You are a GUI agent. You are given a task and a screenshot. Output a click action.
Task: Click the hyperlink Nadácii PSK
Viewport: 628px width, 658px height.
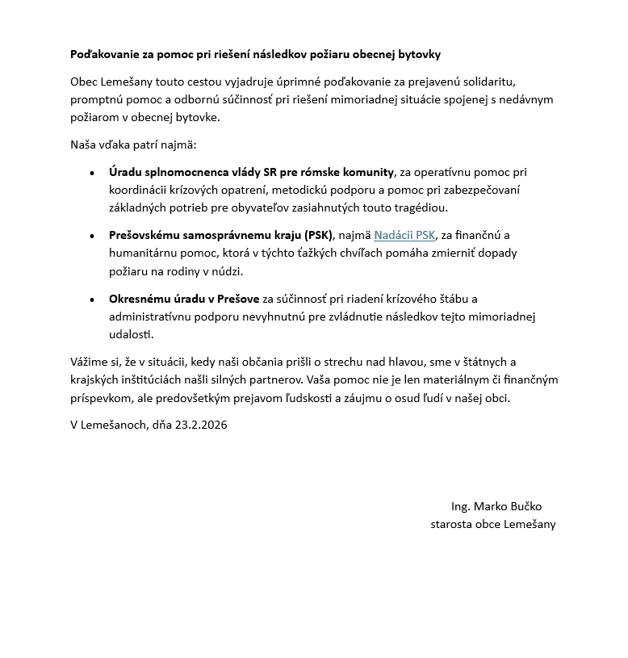(x=404, y=236)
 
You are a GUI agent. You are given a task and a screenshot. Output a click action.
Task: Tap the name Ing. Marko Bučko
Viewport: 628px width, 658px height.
(x=496, y=506)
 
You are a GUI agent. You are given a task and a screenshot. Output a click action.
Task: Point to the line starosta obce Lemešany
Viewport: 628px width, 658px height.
(x=492, y=524)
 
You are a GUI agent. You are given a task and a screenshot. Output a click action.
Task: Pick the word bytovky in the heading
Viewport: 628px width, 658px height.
(x=420, y=54)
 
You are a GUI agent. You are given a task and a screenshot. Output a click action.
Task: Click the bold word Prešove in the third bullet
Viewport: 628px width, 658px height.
(x=239, y=299)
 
